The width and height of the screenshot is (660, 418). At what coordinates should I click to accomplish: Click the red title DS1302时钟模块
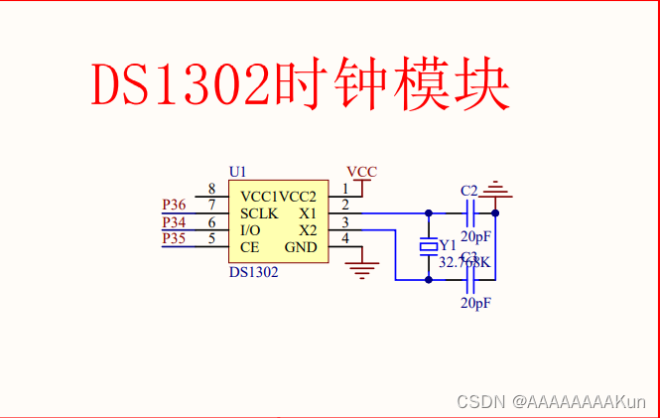click(x=301, y=85)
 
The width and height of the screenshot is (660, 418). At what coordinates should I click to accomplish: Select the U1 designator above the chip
click(x=237, y=171)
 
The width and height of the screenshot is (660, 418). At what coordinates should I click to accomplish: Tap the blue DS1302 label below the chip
click(x=253, y=271)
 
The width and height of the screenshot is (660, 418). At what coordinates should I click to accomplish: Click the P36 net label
click(x=174, y=206)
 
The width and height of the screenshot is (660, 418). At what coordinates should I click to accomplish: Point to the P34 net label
click(x=174, y=221)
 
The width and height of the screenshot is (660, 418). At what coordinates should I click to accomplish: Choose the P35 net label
click(x=174, y=238)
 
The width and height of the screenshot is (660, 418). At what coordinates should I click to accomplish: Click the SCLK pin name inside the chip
click(x=259, y=213)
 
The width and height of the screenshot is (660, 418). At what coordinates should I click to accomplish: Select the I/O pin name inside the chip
click(x=251, y=230)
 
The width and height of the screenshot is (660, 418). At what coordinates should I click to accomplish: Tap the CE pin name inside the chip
click(x=249, y=247)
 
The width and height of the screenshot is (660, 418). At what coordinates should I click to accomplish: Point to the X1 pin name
click(x=308, y=213)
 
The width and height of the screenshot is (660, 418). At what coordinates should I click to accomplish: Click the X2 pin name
click(x=308, y=230)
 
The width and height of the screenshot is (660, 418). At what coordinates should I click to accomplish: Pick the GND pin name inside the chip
click(x=301, y=247)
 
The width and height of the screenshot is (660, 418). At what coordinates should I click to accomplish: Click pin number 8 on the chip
click(x=211, y=189)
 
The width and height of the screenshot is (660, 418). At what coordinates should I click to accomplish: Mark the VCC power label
click(x=362, y=172)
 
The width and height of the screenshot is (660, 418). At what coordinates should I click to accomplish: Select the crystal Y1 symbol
click(x=429, y=245)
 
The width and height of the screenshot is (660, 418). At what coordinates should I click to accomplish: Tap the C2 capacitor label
click(x=469, y=191)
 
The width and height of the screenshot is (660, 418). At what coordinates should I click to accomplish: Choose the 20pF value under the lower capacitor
click(x=475, y=303)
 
